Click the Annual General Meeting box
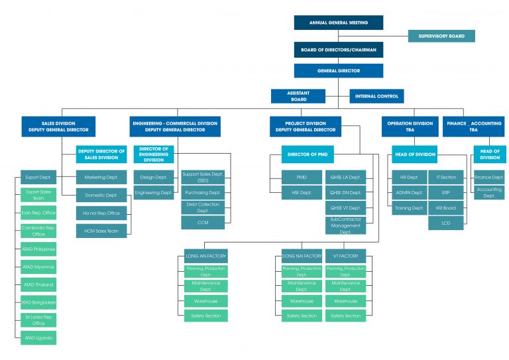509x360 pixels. [x=338, y=23]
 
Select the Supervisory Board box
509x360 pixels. [x=441, y=36]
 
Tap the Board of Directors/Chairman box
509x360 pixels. [x=338, y=50]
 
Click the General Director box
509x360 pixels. [x=338, y=70]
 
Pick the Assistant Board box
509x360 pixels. [x=298, y=96]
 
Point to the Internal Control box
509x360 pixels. [x=376, y=96]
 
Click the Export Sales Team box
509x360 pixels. [x=38, y=195]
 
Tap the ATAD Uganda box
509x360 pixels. [x=38, y=338]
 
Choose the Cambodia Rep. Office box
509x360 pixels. [x=38, y=231]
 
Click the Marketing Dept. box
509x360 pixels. [x=101, y=177]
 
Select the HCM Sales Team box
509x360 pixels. [x=101, y=229]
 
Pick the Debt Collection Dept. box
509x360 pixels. [x=203, y=208]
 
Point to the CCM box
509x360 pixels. [x=203, y=223]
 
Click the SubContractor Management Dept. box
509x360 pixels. [x=345, y=225]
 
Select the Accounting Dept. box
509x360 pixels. [x=489, y=192]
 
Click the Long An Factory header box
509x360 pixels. [x=205, y=256]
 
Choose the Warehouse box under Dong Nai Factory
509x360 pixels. [x=302, y=301]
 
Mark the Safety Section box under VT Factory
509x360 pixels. [x=345, y=316]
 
